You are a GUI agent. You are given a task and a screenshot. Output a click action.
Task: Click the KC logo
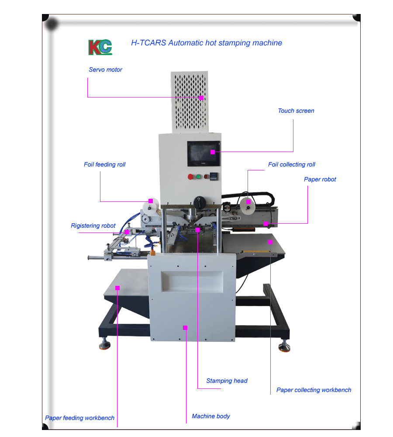pyautogui.click(x=100, y=47)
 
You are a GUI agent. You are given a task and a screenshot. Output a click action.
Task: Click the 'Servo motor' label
pyautogui.click(x=106, y=69)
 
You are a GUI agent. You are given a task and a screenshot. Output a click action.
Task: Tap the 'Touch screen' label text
pyautogui.click(x=296, y=111)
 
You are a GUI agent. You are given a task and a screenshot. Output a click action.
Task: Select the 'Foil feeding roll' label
pyautogui.click(x=105, y=165)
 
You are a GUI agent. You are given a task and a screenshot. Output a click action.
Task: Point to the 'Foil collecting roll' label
pyautogui.click(x=292, y=165)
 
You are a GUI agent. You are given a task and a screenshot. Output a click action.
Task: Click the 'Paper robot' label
pyautogui.click(x=320, y=180)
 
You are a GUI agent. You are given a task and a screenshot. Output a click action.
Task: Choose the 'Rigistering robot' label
pyautogui.click(x=93, y=226)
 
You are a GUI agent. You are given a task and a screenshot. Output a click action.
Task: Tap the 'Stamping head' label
pyautogui.click(x=227, y=381)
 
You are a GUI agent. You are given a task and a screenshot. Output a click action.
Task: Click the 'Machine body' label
pyautogui.click(x=211, y=416)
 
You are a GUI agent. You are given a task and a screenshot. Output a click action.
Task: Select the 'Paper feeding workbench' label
pyautogui.click(x=79, y=418)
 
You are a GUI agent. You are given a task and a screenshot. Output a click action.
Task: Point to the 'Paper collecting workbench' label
pyautogui.click(x=314, y=390)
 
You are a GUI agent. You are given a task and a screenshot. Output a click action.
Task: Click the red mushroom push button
pyautogui.click(x=190, y=177)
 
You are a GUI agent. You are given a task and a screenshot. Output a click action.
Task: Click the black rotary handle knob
pyautogui.click(x=200, y=202)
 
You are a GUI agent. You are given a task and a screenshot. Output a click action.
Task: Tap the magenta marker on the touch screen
pyautogui.click(x=213, y=152)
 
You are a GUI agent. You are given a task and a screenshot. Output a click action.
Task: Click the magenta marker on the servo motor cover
pyautogui.click(x=201, y=98)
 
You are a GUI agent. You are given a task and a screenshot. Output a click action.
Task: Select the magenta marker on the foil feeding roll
pyautogui.click(x=151, y=201)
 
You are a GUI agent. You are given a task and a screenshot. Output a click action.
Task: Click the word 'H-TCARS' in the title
pyautogui.click(x=148, y=43)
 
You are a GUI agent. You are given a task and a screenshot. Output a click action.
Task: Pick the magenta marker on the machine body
pyautogui.click(x=185, y=328)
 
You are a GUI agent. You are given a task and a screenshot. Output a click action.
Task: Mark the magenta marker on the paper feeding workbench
pyautogui.click(x=117, y=288)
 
